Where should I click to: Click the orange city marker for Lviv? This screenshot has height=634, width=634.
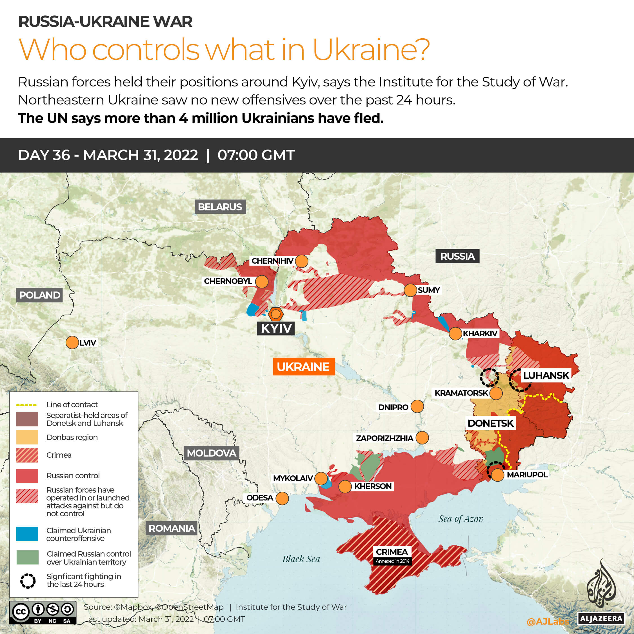(x=72, y=342)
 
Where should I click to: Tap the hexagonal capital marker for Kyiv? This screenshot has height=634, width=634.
(x=276, y=314)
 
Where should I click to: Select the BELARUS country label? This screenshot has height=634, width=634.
(x=220, y=207)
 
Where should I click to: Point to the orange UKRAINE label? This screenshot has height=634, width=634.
(x=304, y=366)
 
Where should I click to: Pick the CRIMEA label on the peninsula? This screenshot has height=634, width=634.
(x=392, y=552)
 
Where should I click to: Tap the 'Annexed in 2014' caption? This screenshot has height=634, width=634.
(x=392, y=561)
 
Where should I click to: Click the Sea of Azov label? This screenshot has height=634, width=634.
(x=461, y=519)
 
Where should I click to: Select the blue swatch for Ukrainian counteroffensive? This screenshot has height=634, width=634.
(x=27, y=534)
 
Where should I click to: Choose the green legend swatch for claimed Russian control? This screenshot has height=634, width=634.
(x=27, y=557)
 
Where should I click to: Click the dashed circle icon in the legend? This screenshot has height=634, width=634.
(x=28, y=580)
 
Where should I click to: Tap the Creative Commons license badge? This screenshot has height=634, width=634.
(x=43, y=612)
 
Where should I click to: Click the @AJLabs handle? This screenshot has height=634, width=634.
(x=547, y=621)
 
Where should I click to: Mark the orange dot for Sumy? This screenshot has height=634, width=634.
(x=410, y=290)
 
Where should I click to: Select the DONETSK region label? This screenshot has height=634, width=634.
(x=490, y=423)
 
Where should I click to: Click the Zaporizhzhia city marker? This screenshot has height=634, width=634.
(x=422, y=438)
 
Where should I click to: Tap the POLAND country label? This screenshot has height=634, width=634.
(x=40, y=295)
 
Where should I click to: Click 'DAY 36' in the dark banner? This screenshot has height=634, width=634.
(x=44, y=155)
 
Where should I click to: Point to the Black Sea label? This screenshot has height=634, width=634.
(x=301, y=559)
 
